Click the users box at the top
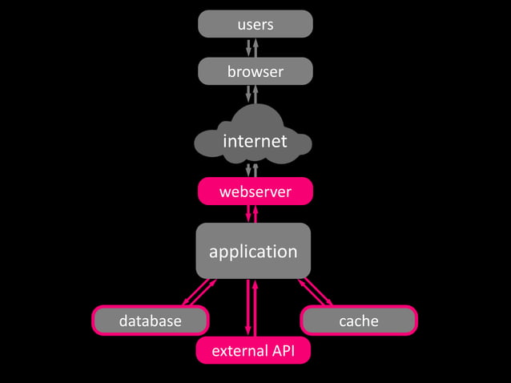[255, 24]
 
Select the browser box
[255, 71]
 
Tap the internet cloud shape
[254, 141]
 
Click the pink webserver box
[255, 191]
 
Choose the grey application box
[253, 251]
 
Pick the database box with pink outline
[151, 321]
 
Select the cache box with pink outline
[358, 321]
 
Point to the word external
[238, 351]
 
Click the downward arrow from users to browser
[249, 47]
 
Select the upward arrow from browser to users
[256, 47]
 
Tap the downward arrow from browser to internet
[249, 95]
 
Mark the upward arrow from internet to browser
[256, 93]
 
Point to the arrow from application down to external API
[248, 308]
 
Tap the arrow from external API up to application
[256, 308]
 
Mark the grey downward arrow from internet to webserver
[249, 170]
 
